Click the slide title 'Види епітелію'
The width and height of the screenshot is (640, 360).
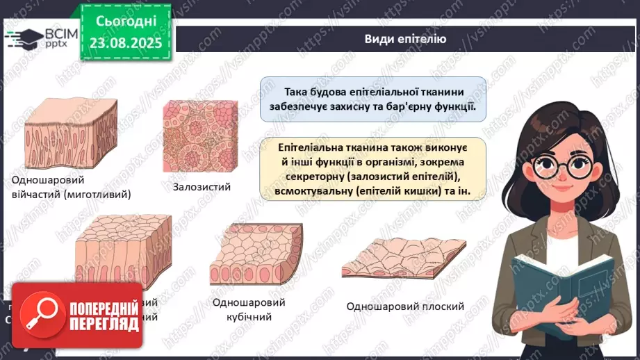[x=405, y=38]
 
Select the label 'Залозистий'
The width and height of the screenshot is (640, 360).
[x=202, y=186]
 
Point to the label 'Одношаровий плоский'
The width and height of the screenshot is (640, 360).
[x=406, y=306]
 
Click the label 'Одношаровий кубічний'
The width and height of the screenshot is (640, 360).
[x=243, y=310]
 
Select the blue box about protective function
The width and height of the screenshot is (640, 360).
[x=372, y=100]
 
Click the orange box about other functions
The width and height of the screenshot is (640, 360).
[x=372, y=169]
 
